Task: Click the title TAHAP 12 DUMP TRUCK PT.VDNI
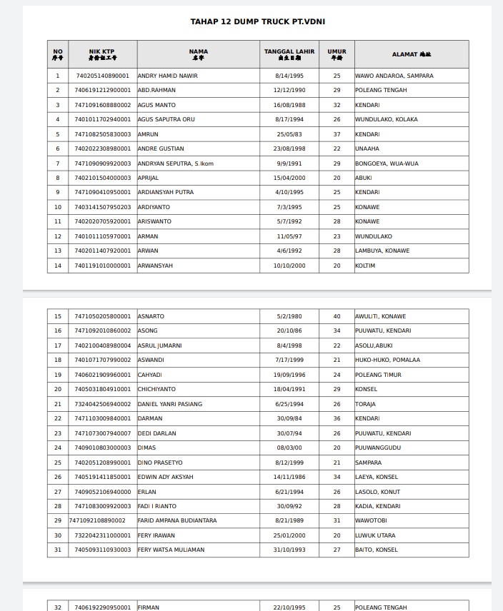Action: pos(257,21)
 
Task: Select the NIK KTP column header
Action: pos(102,54)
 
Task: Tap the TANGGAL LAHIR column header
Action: pos(289,54)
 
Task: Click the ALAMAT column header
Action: pos(411,54)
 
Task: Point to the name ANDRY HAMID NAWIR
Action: pos(167,76)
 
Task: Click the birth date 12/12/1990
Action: pos(289,90)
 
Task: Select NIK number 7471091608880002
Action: pos(103,105)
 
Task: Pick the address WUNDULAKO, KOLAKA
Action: pos(386,119)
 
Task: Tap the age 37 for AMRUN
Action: pos(337,134)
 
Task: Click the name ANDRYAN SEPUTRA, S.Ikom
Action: pos(175,163)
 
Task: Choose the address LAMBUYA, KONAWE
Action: pos(382,251)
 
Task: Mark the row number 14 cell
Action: pos(58,266)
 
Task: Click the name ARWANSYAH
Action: pos(155,266)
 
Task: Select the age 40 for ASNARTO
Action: pos(337,316)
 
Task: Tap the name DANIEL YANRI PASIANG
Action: pos(169,404)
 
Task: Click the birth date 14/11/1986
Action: pos(289,477)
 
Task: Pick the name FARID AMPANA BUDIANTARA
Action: pos(176,520)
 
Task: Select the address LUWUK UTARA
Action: pos(374,535)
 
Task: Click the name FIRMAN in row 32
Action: pos(148,607)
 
